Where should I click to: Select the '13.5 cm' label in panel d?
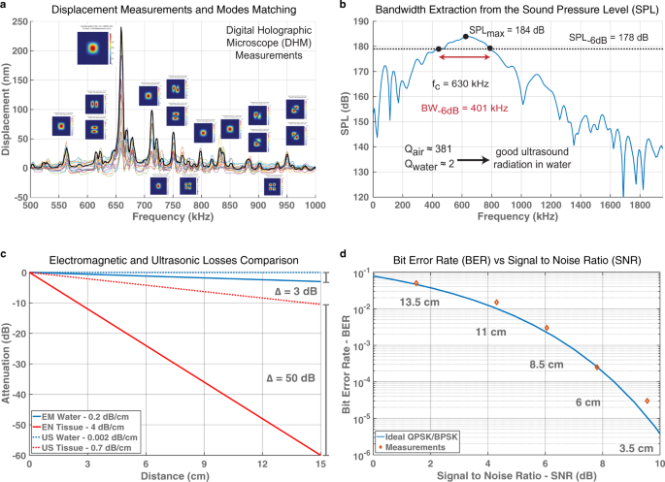click(416, 300)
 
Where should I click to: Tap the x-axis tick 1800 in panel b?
click(632, 208)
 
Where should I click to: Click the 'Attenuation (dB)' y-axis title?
click(7, 364)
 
